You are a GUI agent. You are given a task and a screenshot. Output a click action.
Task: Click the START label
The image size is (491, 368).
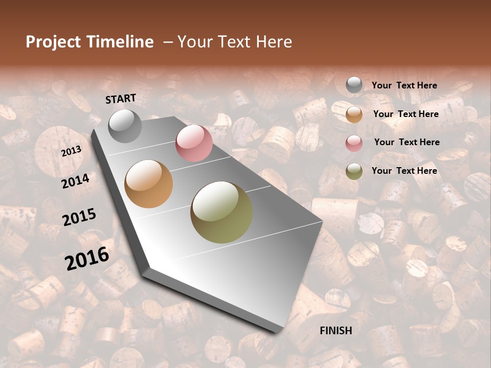coord(121,99)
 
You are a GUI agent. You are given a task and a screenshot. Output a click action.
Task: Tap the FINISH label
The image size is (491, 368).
coord(336,331)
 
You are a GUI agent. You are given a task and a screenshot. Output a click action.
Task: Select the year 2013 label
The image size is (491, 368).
coord(72,151)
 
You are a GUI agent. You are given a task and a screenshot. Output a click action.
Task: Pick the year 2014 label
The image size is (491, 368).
coord(75,181)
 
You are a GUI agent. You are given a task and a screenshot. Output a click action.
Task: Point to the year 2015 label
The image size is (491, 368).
coord(79,217)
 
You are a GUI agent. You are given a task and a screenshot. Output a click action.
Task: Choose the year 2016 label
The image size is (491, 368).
coord(87,258)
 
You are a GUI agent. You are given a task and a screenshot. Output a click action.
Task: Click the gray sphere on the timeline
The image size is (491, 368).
coord(125,126)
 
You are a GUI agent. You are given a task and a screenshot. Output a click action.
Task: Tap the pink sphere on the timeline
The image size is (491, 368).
coord(194,143)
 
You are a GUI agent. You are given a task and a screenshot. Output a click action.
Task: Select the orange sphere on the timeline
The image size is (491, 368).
coord(149,184)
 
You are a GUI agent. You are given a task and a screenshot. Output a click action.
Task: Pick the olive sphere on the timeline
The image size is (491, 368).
coord(221,212)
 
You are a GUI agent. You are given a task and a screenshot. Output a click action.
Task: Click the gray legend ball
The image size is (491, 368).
coord(354,85)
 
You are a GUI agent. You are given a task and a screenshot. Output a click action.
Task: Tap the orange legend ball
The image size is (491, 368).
coord(354,114)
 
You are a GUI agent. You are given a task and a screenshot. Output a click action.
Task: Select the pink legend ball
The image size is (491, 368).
coord(354,143)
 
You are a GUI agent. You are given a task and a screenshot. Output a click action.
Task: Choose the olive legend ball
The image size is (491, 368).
coord(354,171)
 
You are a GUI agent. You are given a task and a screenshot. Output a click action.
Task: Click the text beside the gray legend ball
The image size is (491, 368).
coord(404,85)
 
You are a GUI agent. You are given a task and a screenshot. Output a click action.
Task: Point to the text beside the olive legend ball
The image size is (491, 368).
coord(404,171)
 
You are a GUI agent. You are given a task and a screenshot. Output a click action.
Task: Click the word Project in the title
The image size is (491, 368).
coord(53,42)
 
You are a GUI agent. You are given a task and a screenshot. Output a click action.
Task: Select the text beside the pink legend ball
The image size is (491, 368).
coord(407,142)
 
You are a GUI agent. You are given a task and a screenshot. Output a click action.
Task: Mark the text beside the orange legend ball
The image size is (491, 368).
coord(406,114)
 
